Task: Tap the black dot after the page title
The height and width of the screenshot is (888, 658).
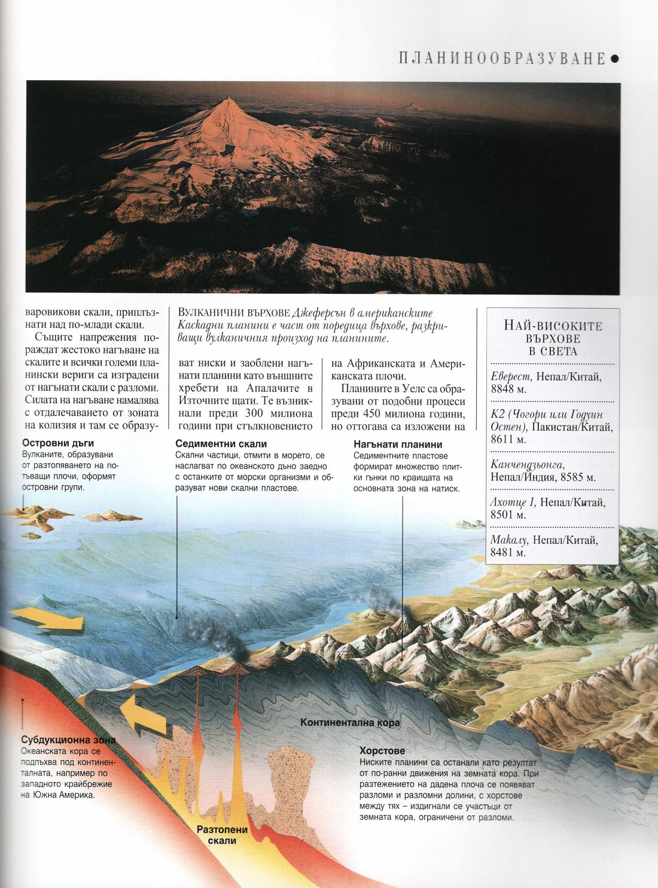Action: [x=615, y=59]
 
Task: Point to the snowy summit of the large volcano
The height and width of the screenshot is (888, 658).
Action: [x=226, y=102]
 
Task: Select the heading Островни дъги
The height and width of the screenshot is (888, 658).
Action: [x=58, y=443]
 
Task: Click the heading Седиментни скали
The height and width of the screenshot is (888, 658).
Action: [x=221, y=444]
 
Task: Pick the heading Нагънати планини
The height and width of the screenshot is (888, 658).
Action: [x=397, y=444]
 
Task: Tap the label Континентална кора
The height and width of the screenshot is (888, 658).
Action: [x=350, y=722]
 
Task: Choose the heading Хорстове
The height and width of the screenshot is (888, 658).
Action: [x=382, y=750]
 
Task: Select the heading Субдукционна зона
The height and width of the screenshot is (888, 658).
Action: [x=68, y=740]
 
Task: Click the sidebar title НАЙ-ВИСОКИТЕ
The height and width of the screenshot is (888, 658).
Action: [x=553, y=326]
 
